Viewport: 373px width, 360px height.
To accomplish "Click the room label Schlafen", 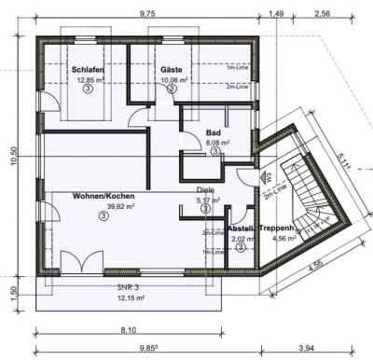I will pos(86,70).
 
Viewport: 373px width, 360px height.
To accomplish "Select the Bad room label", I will pos(214,133).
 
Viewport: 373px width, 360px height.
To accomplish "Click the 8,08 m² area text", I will pos(217,143).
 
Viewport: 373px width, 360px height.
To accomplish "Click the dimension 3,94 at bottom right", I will pos(307,349).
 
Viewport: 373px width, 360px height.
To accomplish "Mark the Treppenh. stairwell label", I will pos(279,228).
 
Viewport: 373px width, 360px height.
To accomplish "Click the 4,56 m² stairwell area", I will pos(283,238).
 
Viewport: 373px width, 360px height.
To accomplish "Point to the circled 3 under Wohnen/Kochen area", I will pos(101,216).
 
